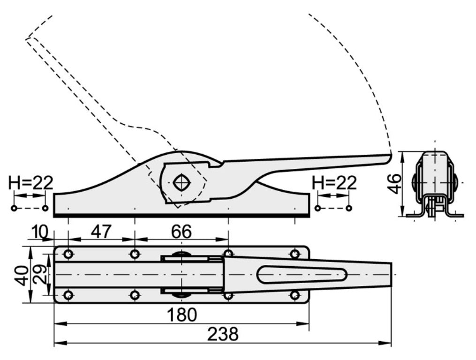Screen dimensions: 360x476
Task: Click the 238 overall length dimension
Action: [x=223, y=334]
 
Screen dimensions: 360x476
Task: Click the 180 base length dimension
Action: [x=182, y=315]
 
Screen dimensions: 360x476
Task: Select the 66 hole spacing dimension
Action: [x=181, y=232]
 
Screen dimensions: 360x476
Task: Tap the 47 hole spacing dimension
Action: [x=101, y=232]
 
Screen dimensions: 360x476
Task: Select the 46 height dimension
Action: [x=395, y=183]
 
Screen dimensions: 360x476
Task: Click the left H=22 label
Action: [x=30, y=183]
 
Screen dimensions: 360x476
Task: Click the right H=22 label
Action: [x=334, y=183]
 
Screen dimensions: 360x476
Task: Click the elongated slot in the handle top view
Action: [x=302, y=274]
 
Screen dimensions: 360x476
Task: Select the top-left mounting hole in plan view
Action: [x=68, y=254]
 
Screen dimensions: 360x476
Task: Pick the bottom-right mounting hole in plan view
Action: [x=295, y=295]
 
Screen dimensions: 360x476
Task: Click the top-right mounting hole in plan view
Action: [x=295, y=254]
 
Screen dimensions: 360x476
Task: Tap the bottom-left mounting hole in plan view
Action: [x=68, y=295]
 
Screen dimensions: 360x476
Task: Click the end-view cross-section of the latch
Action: [x=435, y=185]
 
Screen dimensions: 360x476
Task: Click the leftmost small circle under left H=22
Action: [x=14, y=208]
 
